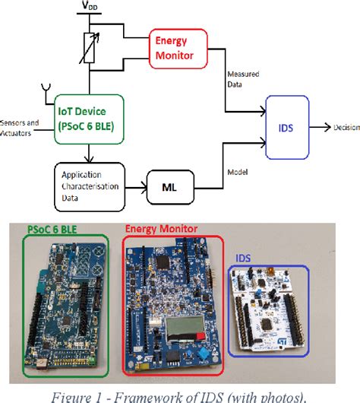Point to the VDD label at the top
pos(90,7)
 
